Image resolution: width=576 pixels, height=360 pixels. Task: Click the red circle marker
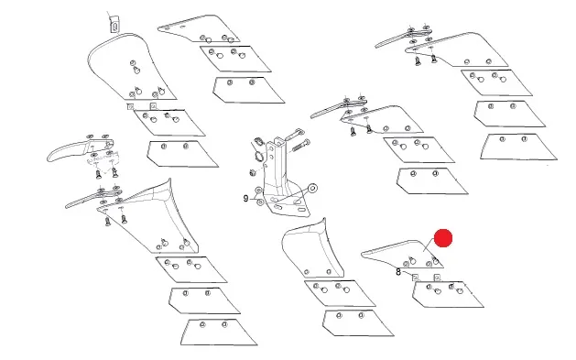[443, 238]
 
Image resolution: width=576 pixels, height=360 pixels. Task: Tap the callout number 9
[245, 199]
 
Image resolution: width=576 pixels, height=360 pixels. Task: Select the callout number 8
[398, 272]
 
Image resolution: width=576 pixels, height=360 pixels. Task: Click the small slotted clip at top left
[114, 25]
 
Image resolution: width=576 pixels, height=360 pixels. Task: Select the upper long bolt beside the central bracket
[295, 134]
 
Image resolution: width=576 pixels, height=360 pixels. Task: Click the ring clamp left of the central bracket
[258, 156]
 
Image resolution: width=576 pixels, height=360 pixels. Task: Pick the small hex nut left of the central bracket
[253, 172]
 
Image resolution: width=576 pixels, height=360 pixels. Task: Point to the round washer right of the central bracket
[312, 189]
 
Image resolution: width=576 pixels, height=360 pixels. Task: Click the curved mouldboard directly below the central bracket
[312, 250]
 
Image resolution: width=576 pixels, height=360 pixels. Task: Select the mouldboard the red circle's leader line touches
[402, 255]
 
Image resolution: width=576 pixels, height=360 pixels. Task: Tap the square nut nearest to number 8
[415, 278]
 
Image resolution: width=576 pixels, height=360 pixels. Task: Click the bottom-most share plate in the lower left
[219, 333]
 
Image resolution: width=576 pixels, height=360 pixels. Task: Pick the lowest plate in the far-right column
[518, 147]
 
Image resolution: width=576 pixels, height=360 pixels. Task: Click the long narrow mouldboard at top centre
[199, 28]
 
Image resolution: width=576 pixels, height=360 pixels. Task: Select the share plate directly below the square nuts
[448, 294]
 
